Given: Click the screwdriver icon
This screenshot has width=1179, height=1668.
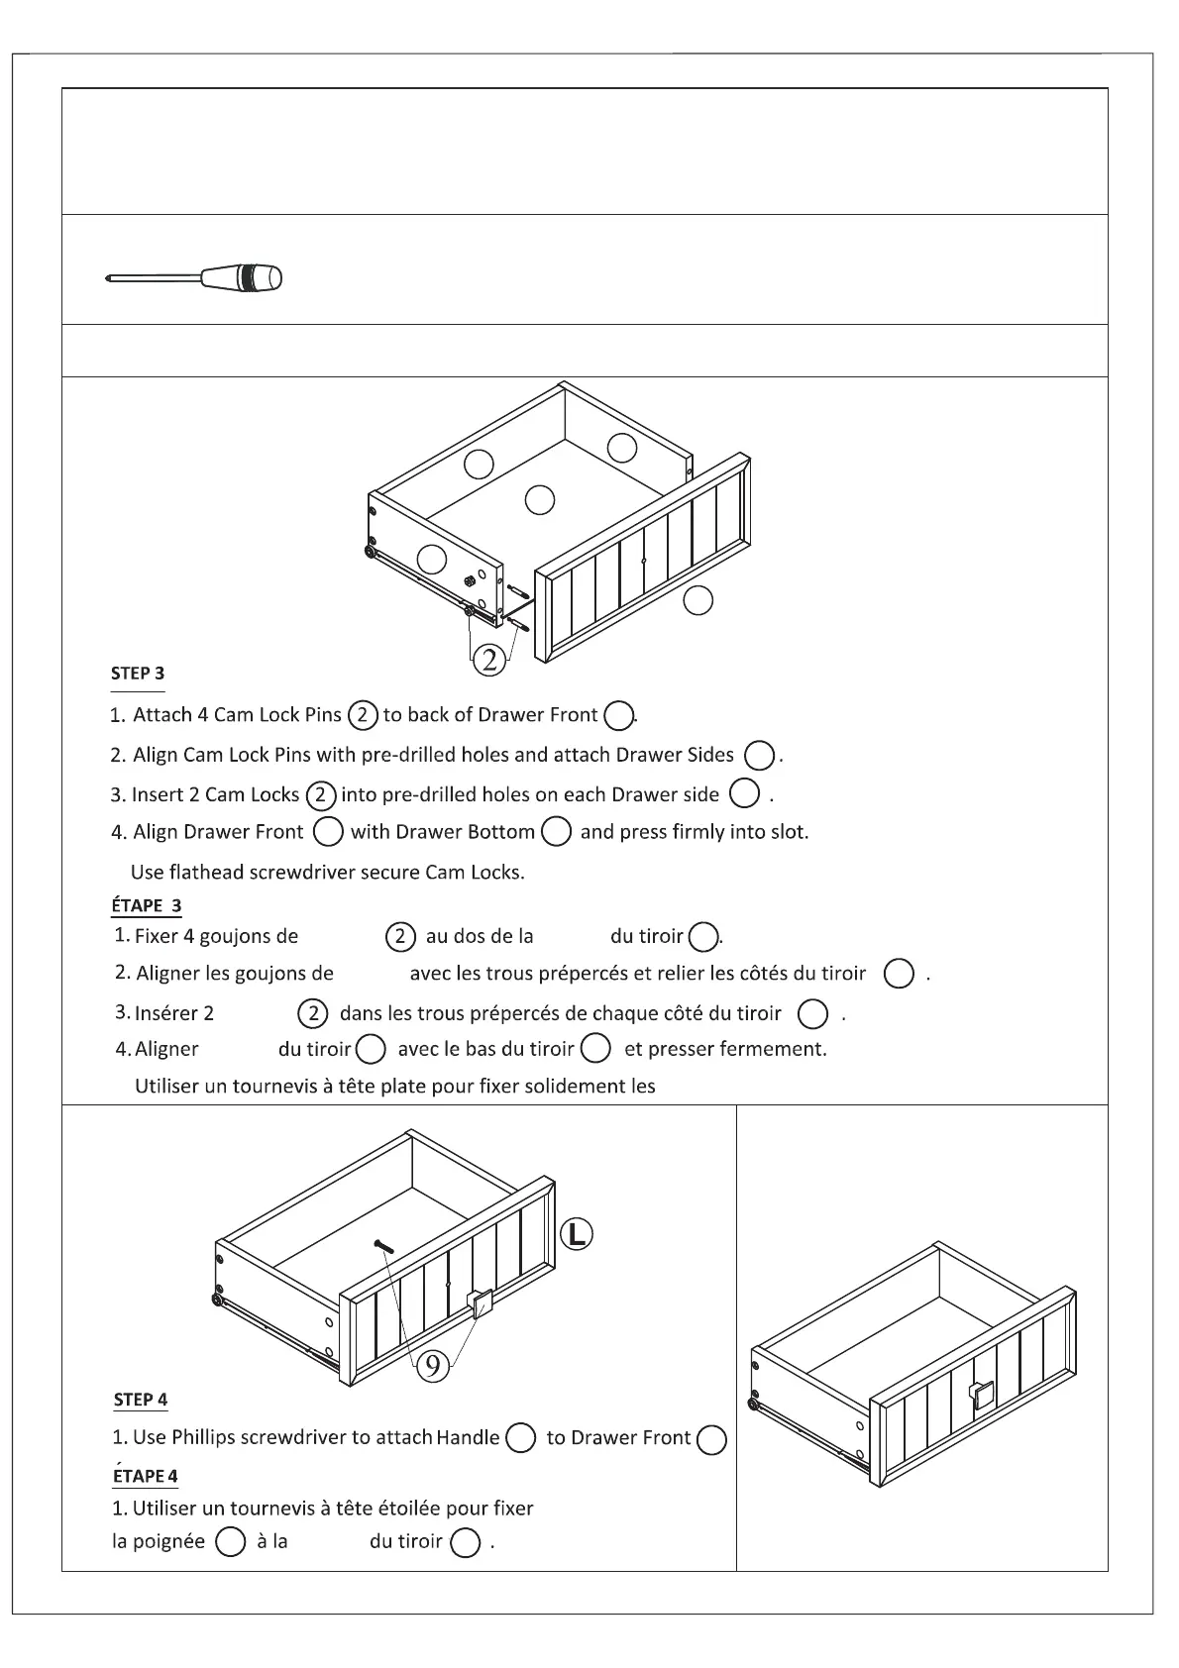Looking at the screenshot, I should tap(194, 277).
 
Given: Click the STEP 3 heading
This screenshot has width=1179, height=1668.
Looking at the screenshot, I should tap(138, 674).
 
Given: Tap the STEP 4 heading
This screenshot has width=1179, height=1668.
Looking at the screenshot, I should tap(141, 1400).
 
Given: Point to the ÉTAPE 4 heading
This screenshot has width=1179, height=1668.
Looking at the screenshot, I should tap(146, 1475).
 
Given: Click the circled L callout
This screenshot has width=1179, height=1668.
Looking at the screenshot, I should tap(577, 1234).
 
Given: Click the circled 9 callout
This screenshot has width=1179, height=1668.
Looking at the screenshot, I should tap(432, 1366).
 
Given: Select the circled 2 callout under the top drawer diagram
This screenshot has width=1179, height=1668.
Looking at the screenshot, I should tap(489, 659).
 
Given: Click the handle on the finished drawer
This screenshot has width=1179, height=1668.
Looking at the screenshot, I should tap(981, 1394).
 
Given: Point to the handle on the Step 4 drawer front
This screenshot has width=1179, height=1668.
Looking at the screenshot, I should tap(482, 1303).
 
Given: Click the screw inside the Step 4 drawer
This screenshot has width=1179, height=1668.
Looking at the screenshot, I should tap(382, 1246).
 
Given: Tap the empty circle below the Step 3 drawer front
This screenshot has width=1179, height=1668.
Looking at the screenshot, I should tap(698, 600).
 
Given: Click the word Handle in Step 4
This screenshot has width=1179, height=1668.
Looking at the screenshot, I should tap(468, 1437).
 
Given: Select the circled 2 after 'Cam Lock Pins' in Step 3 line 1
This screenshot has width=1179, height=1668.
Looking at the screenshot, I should tap(363, 714).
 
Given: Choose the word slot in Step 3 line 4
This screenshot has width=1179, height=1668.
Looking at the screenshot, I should tap(786, 832).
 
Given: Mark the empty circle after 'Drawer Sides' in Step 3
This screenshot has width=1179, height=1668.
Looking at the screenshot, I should tap(759, 756).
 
